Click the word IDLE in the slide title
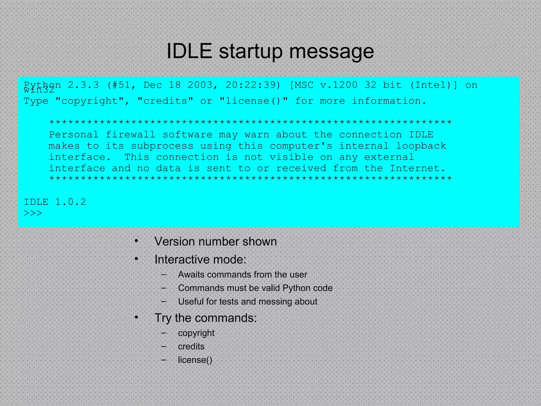[x=189, y=51]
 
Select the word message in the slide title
[x=332, y=52]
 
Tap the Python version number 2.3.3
[x=83, y=85]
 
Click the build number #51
[x=122, y=85]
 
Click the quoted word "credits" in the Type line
[x=165, y=101]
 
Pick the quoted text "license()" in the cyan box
[x=254, y=101]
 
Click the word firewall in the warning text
[x=130, y=135]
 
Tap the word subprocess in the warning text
[x=162, y=146]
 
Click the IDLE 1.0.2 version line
[x=55, y=202]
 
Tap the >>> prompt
[x=33, y=213]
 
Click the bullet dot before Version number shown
[x=136, y=241]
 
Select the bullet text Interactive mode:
[x=200, y=259]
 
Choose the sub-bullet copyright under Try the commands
[x=196, y=333]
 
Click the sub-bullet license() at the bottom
[x=195, y=360]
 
